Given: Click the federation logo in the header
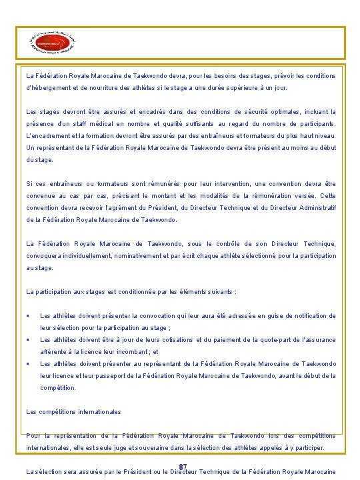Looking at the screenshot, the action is tap(53, 42).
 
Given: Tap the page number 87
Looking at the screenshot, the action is tap(183, 467).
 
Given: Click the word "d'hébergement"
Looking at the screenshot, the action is tap(49, 88).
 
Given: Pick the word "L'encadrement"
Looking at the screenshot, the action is tap(49, 136).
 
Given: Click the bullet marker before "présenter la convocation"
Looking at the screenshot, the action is tap(28, 316).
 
